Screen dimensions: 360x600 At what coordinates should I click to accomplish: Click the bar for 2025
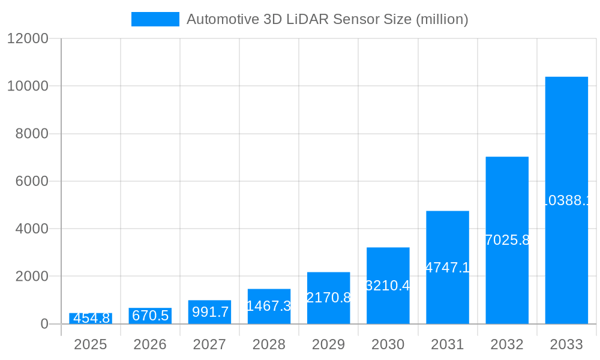[x=91, y=319]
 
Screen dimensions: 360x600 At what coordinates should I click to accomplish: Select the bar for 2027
[x=209, y=312]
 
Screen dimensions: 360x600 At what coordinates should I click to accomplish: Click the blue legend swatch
[x=155, y=19]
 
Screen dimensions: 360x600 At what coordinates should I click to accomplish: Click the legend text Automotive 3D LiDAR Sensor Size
[x=327, y=19]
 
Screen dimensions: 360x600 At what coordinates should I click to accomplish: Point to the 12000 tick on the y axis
[x=27, y=39]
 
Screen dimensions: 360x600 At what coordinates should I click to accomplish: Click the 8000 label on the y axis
[x=31, y=134]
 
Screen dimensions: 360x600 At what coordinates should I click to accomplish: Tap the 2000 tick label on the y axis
[x=31, y=277]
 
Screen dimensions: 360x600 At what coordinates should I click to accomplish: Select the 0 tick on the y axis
[x=44, y=324]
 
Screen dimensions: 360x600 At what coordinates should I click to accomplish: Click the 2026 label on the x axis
[x=150, y=344]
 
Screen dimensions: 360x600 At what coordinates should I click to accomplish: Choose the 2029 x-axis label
[x=329, y=344]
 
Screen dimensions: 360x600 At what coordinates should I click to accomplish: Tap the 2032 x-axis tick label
[x=507, y=344]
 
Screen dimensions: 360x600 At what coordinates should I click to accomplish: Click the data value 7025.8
[x=507, y=240]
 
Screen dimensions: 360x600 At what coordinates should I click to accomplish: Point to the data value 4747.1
[x=448, y=268]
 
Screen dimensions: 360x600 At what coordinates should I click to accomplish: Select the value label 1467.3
[x=269, y=306]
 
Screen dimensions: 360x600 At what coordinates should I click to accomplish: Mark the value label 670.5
[x=150, y=316]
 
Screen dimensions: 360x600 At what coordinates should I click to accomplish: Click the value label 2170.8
[x=329, y=297]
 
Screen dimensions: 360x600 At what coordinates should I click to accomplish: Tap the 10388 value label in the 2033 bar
[x=566, y=200]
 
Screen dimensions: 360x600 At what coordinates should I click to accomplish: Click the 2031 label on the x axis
[x=448, y=344]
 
